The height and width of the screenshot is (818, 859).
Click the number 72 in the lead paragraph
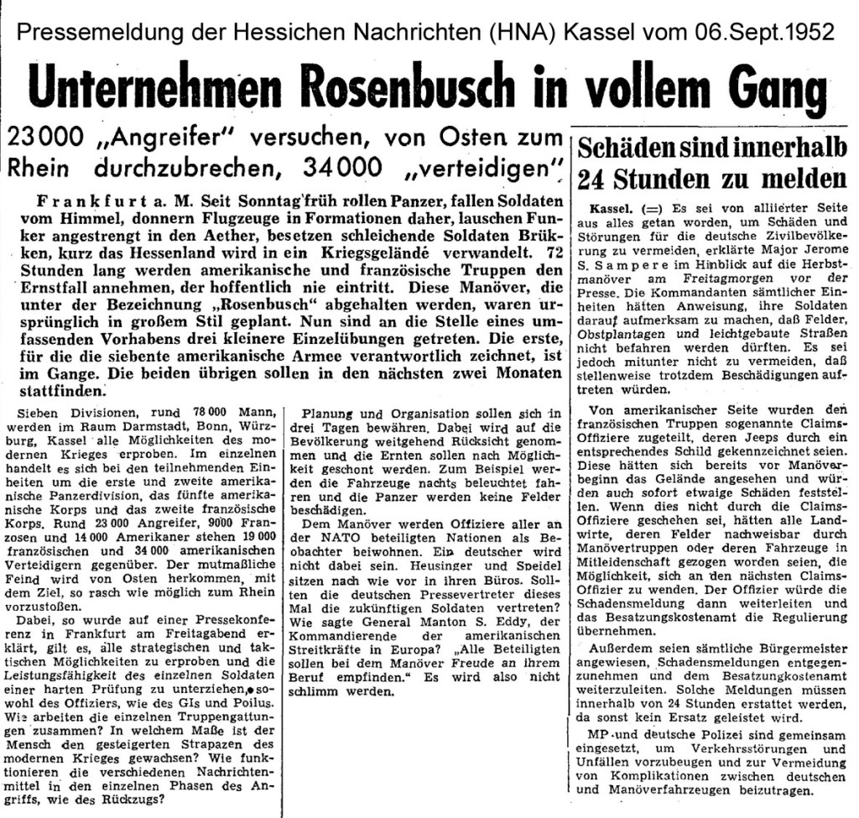point(549,254)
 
